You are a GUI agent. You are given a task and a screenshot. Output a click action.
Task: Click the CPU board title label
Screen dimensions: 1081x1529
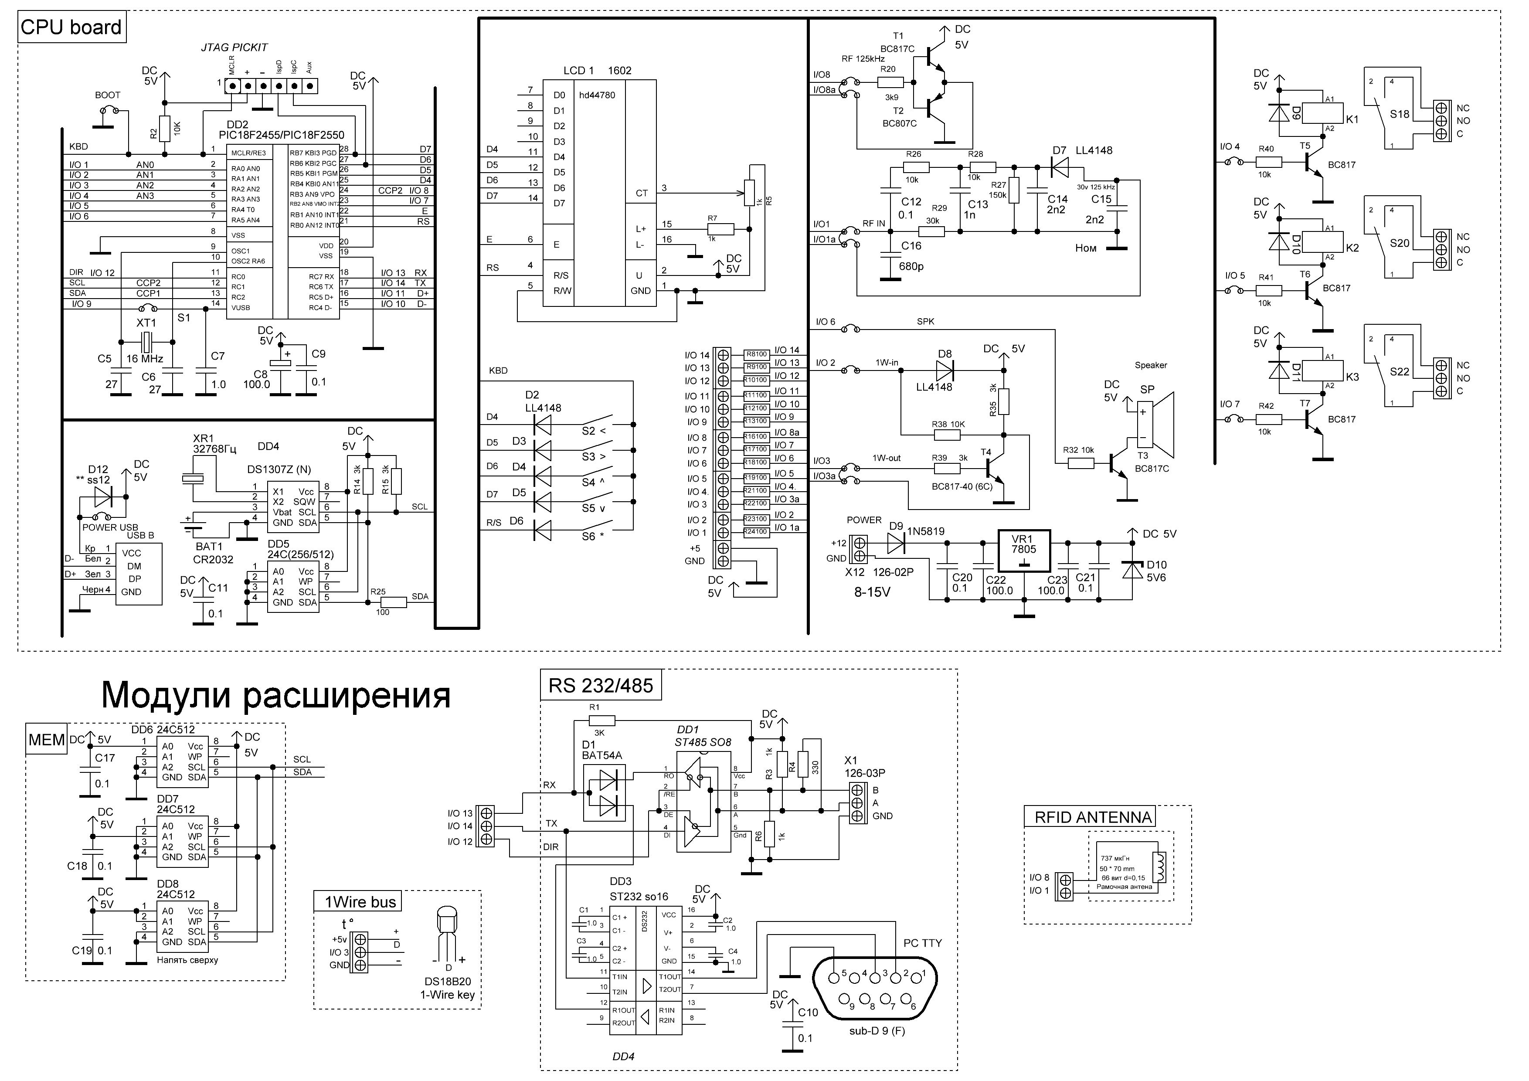(x=71, y=28)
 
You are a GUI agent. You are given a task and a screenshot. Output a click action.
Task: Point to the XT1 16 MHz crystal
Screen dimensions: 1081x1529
(x=146, y=342)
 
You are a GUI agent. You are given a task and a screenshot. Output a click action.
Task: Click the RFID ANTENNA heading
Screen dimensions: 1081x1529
(x=1093, y=817)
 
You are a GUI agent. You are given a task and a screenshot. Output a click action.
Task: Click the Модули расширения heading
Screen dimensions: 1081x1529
(x=276, y=695)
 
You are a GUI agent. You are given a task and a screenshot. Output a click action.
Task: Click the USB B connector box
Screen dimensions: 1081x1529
(x=139, y=574)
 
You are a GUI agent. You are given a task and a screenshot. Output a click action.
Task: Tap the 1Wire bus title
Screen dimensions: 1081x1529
(x=360, y=902)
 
